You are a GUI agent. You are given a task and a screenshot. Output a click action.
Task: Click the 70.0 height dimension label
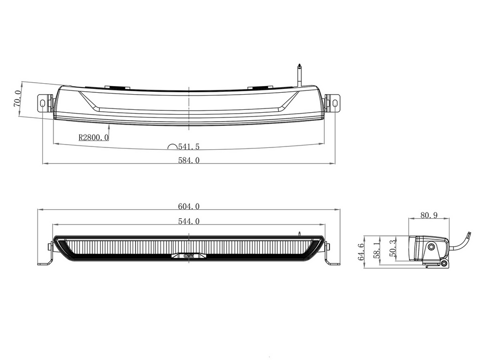point(18,98)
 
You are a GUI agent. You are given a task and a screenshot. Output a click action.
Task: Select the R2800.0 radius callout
point(94,137)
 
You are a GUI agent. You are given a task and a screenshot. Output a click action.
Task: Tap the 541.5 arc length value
point(188,146)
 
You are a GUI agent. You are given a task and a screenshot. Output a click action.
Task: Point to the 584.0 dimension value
point(189,160)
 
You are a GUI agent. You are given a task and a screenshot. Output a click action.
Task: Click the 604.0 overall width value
point(189,206)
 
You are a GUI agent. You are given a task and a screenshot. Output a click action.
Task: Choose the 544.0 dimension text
point(189,221)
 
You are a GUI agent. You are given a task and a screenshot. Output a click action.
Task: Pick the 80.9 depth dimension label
point(429,214)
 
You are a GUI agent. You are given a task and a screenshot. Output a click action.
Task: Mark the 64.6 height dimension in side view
point(361,252)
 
